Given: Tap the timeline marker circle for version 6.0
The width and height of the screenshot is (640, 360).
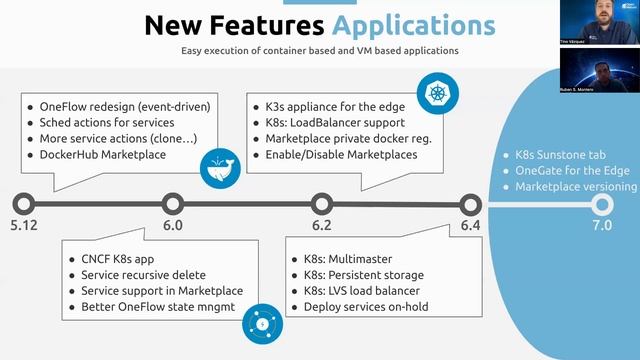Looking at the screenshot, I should (172, 205).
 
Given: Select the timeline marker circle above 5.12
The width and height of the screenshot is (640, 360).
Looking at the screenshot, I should (24, 205).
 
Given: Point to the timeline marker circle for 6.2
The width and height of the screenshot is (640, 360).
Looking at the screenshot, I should (321, 205).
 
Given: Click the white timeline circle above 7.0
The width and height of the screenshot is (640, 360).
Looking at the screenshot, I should (601, 205).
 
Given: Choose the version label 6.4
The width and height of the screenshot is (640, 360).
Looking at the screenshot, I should (470, 226).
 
